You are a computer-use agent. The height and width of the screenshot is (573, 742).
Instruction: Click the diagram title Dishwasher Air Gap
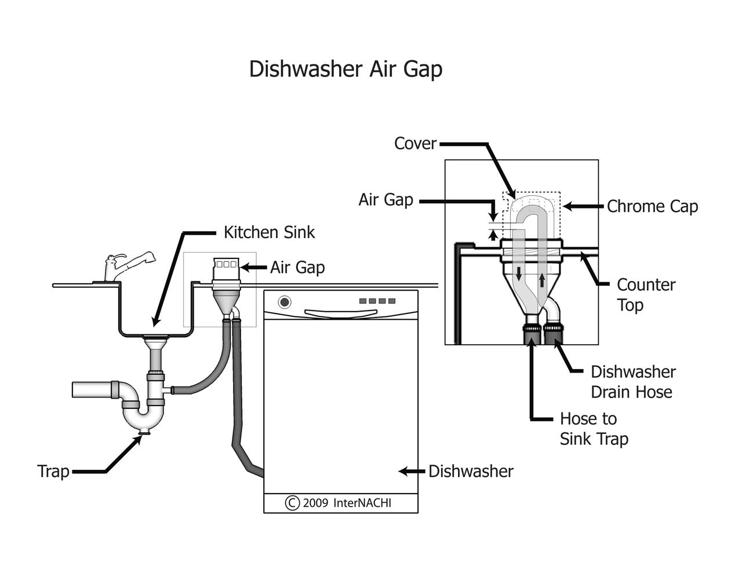[345, 69]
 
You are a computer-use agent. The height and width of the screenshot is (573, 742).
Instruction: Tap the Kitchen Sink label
[269, 232]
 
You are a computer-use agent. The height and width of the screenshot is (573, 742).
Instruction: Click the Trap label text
[53, 471]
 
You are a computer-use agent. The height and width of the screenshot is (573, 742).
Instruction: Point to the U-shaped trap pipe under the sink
[139, 415]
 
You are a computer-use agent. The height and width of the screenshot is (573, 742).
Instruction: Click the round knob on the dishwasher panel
[284, 302]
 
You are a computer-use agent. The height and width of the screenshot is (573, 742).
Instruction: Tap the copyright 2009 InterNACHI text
[339, 502]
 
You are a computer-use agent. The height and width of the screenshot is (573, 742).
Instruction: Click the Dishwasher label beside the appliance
[471, 471]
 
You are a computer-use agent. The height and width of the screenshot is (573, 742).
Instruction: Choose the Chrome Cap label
[652, 206]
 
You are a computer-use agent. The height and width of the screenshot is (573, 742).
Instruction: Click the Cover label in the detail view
[415, 143]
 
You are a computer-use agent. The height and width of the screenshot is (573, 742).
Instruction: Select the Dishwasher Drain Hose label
[633, 382]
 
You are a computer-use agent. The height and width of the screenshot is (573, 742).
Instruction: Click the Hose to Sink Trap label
[594, 429]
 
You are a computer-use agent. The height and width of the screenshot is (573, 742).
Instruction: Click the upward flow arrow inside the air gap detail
[541, 280]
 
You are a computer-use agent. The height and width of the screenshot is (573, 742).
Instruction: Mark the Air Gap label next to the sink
[297, 267]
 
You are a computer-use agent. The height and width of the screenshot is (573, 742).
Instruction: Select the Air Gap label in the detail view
[385, 200]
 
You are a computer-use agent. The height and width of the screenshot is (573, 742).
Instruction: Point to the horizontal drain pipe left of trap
[93, 389]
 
